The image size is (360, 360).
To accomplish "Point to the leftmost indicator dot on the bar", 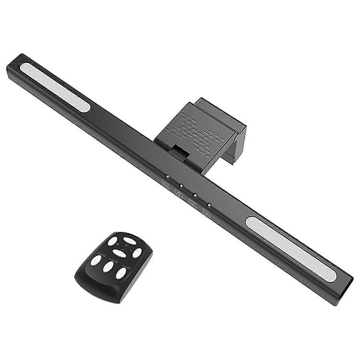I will pos(168,176).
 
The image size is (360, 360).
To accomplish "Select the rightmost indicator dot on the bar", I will pos(209,205).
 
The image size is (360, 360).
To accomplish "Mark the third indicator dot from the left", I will pos(195,195).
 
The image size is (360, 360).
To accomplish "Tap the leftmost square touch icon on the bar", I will pos(165,183).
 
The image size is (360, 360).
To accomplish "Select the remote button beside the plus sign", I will pos(113,242).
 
